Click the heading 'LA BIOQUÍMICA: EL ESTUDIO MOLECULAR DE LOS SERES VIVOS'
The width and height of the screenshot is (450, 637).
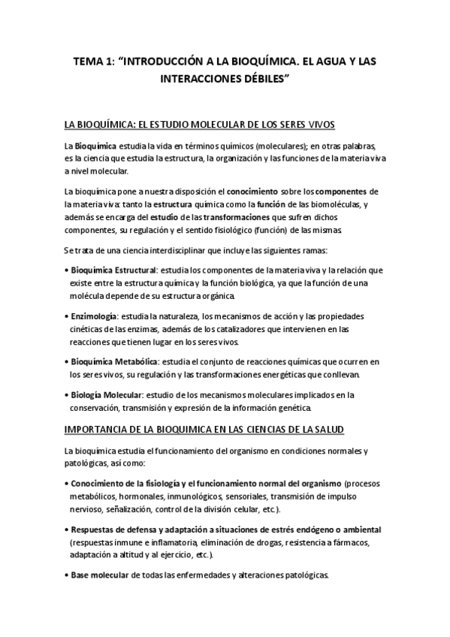click(x=200, y=124)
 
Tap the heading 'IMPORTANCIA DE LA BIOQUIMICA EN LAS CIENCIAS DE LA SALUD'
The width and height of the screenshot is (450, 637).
click(x=204, y=429)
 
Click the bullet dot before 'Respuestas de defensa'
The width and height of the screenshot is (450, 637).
click(x=67, y=530)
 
